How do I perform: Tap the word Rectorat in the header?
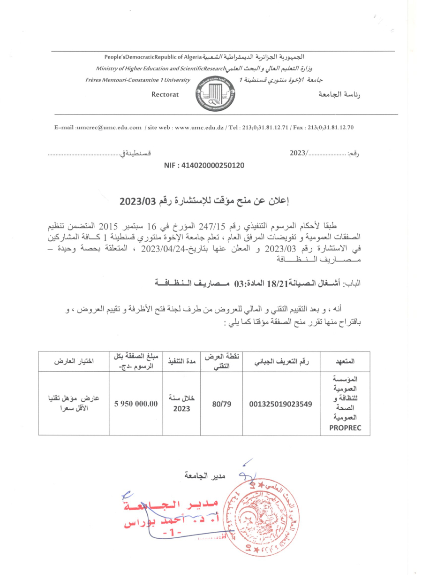(165, 94)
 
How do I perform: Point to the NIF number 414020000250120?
(204, 166)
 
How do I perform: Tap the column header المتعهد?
(345, 362)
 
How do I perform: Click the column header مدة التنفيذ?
(181, 362)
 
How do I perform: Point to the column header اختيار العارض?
(74, 362)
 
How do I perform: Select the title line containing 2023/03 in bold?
(204, 202)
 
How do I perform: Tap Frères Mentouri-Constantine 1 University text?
(138, 80)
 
